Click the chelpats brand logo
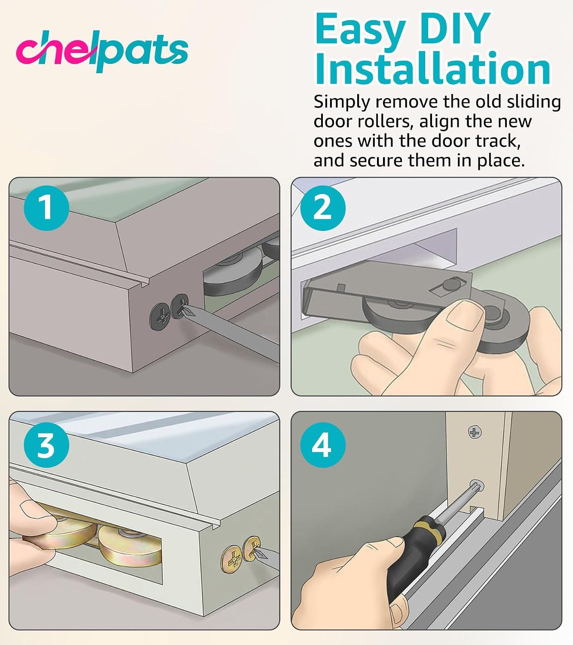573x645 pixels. [x=102, y=51]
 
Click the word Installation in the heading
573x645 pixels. [x=432, y=68]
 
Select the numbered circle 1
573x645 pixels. [x=46, y=208]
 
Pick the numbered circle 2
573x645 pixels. [x=323, y=208]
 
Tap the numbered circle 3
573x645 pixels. [x=46, y=445]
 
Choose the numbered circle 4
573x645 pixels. [x=323, y=445]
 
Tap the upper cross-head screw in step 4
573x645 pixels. [x=475, y=432]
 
